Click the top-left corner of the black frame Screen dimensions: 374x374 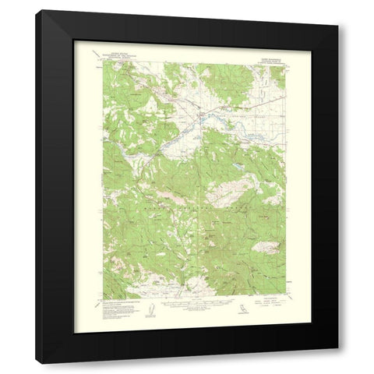click(36, 10)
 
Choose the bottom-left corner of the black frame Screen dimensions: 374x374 click(36, 363)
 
